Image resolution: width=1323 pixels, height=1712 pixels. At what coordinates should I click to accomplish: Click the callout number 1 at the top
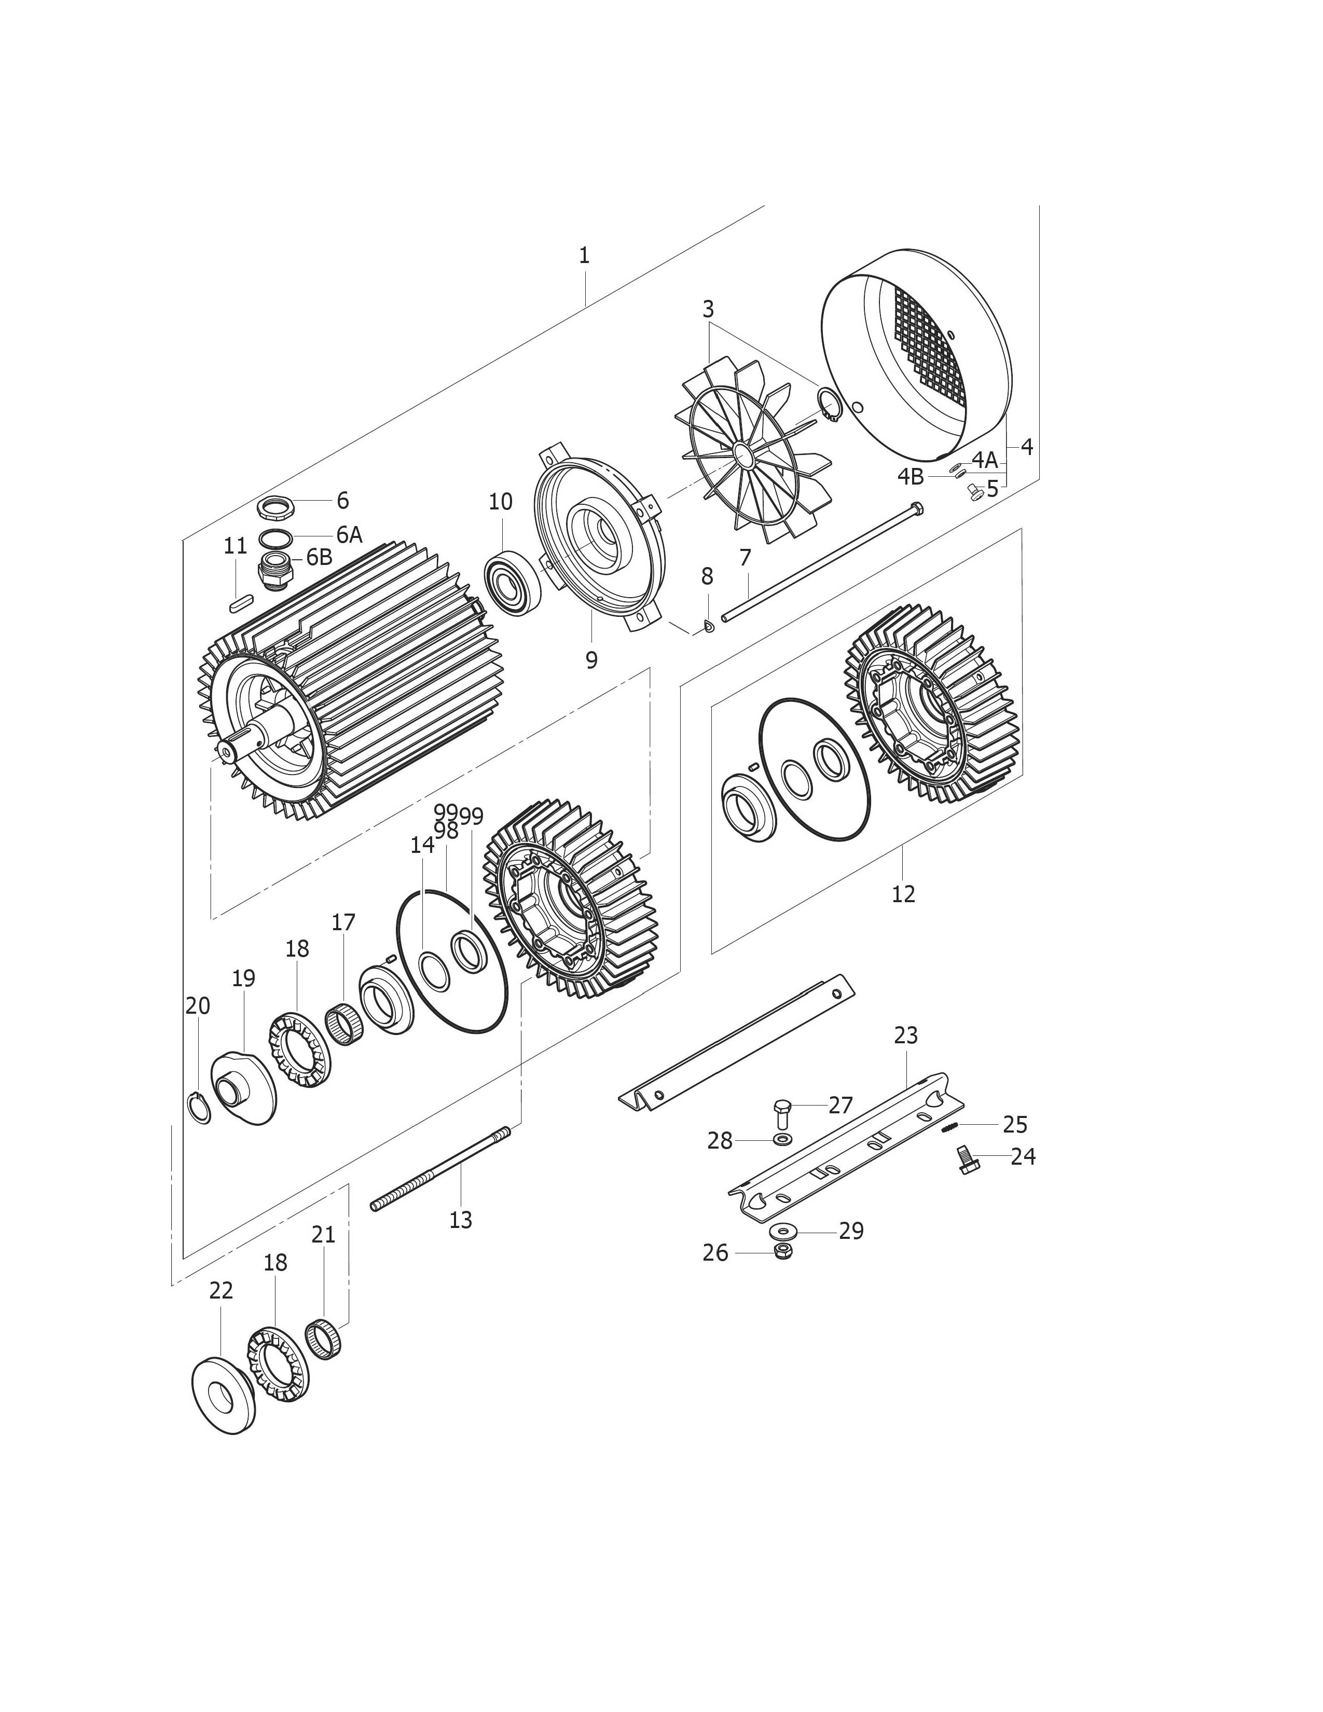[x=584, y=256]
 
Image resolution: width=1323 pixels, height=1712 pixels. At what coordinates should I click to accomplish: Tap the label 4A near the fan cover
[x=984, y=459]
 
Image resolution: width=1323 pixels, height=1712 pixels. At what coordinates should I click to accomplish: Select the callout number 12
[x=903, y=894]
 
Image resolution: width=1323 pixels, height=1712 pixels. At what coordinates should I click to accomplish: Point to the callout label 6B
[x=319, y=557]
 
